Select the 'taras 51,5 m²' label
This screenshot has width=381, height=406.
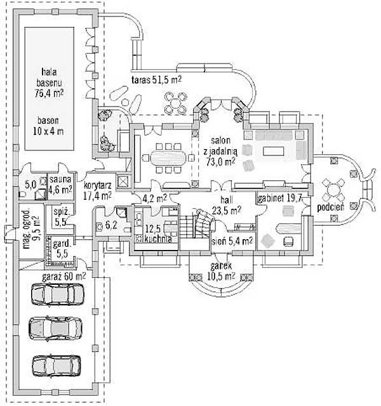[x=156, y=81]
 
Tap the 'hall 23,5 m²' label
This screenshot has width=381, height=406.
[x=226, y=205]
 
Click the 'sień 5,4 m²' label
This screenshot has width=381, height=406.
[x=232, y=241]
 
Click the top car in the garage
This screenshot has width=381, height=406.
[x=57, y=294]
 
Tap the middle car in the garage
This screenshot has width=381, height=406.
[x=57, y=328]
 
